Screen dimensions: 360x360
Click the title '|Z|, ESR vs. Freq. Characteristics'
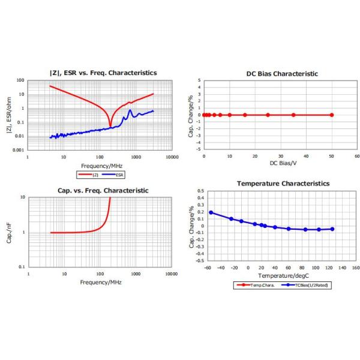(x=103, y=73)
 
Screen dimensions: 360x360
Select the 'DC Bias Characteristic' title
(x=282, y=74)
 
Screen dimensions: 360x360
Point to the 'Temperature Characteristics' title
(x=283, y=183)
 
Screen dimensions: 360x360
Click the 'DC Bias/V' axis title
(x=282, y=163)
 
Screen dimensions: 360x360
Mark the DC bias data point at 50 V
(x=332, y=115)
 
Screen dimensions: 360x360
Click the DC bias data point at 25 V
(x=268, y=115)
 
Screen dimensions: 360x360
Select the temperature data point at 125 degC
(x=332, y=229)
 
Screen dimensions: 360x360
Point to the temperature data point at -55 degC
(x=211, y=212)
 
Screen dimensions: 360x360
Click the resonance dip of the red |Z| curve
(x=110, y=126)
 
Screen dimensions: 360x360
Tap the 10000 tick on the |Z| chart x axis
(x=172, y=157)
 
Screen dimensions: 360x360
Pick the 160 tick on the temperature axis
(x=356, y=268)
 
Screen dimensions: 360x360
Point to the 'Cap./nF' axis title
(x=8, y=232)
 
